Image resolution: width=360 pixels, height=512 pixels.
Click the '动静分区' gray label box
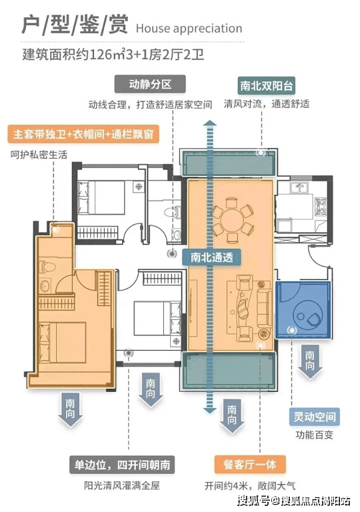[x=150, y=84]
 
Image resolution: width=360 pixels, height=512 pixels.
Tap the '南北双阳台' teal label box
[x=266, y=86]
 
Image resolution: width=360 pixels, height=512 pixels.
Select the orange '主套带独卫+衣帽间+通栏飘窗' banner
[x=83, y=134]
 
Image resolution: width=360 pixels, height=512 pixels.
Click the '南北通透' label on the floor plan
[x=212, y=257]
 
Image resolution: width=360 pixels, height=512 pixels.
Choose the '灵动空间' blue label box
[x=314, y=417]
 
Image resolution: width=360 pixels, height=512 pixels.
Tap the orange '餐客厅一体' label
[x=250, y=464]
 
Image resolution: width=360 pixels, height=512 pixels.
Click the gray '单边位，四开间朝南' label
[x=122, y=465]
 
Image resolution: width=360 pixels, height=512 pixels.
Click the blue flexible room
[x=303, y=310]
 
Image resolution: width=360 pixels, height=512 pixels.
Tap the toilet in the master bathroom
[x=47, y=267]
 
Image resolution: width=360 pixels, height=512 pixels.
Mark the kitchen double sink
[x=299, y=188]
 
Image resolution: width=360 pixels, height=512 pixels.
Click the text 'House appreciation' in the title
[x=189, y=29]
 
